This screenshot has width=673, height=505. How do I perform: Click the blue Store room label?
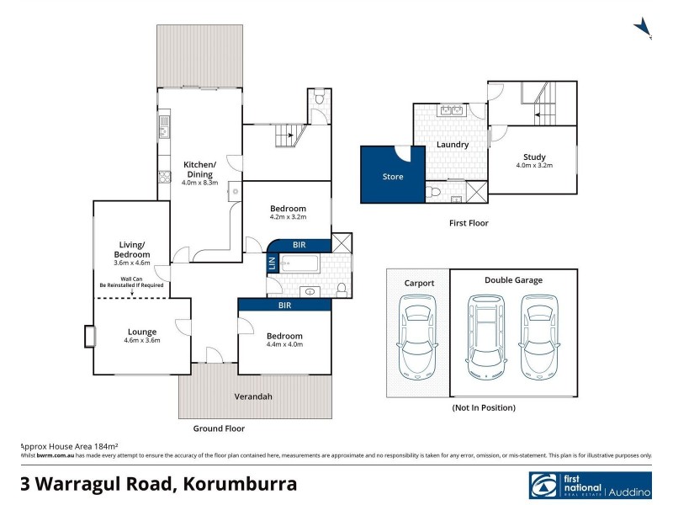coord(392,177)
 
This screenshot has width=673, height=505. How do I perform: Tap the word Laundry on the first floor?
coord(452,145)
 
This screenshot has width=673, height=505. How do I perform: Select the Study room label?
coord(534,157)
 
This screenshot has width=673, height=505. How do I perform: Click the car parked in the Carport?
coord(418,342)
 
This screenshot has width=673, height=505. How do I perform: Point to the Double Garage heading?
coord(513,281)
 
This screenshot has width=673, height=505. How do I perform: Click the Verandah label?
coord(252,396)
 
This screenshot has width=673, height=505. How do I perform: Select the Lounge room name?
coord(142,332)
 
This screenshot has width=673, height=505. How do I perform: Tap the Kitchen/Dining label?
coord(200,168)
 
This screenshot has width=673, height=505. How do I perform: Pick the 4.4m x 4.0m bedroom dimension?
coord(284,344)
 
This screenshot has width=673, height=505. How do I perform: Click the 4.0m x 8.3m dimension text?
coord(200,183)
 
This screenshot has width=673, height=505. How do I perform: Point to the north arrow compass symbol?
coord(644,28)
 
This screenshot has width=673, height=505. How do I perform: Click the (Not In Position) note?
coord(483,407)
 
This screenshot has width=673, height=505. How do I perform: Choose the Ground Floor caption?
coord(219,428)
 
